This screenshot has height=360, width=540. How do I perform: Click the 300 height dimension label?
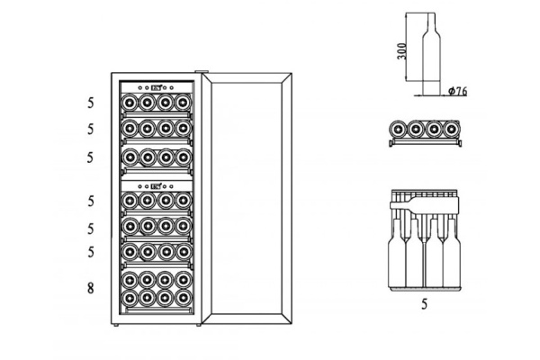coord(402,51)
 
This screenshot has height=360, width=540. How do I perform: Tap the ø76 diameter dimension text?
coord(458,91)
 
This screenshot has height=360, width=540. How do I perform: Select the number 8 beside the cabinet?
coord(90,288)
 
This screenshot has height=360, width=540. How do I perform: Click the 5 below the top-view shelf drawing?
coord(424,304)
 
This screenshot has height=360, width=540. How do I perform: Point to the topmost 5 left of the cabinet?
coord(90,103)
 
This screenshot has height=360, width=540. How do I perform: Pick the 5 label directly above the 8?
coord(91,252)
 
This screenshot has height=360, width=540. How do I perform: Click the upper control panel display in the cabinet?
coord(156,88)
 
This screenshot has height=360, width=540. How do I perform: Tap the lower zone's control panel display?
coord(156,186)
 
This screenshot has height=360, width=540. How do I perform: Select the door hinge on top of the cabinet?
coord(202,72)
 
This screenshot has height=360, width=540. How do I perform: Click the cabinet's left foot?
coord(116,325)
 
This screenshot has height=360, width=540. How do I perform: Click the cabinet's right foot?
coord(198,325)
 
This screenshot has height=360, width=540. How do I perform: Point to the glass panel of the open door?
coord(247,198)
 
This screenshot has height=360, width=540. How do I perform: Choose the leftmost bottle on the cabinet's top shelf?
coord(129,103)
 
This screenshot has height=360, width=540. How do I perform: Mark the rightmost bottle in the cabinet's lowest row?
coord(184,297)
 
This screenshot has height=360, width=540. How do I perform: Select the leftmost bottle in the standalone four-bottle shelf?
coord(398,130)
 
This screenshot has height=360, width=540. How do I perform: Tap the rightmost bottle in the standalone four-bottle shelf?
coord(451,130)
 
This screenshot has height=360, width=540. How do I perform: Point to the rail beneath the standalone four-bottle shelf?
coord(426,142)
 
